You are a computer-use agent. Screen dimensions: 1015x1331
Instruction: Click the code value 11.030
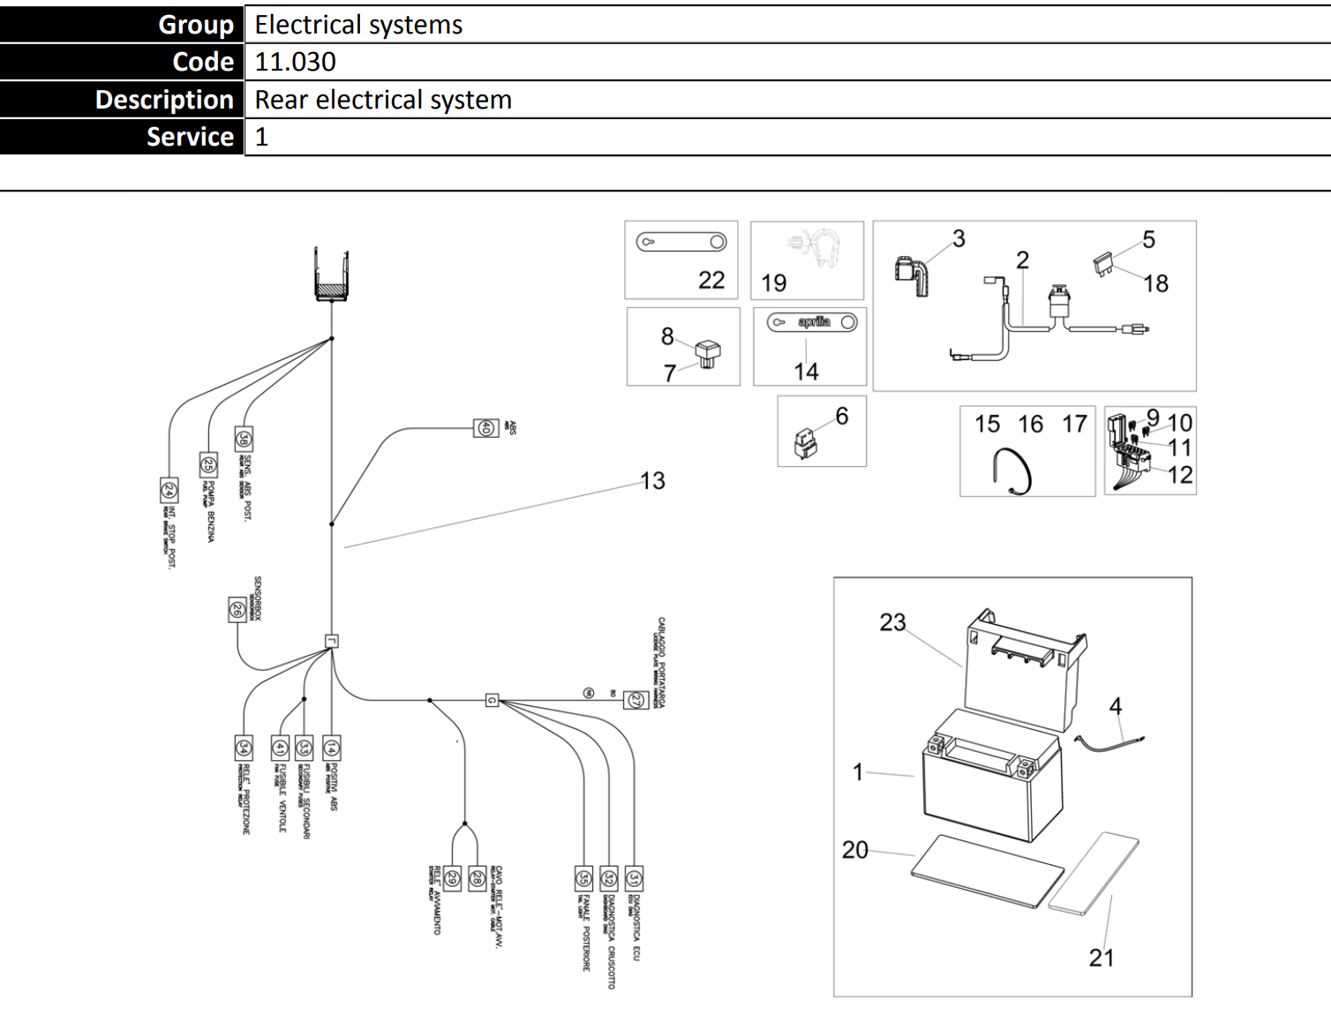coord(295,62)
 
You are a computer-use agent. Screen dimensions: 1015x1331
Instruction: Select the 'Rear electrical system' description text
coord(383,100)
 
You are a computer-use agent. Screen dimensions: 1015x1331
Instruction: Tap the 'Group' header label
coord(195,25)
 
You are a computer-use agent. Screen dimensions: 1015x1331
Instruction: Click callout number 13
coord(652,481)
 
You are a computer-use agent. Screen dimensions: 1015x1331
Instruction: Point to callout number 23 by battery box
coord(892,623)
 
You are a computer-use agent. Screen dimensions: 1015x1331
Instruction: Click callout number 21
coord(1101,958)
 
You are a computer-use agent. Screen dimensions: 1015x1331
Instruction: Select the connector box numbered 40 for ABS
coord(485,428)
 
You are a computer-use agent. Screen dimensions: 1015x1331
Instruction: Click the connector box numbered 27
coord(635,701)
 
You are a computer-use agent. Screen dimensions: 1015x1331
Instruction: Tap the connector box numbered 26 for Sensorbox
coord(237,609)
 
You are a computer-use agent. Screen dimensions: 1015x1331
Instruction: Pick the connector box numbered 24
coord(169,490)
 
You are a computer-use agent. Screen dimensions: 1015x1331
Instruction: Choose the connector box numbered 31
coord(634,878)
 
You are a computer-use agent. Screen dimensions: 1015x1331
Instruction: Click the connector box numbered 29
coord(451,878)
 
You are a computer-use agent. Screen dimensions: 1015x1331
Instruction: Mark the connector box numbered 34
coord(243,748)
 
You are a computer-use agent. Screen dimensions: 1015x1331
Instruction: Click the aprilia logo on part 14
coord(814,322)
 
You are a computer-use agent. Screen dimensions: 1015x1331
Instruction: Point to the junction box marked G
coord(492,701)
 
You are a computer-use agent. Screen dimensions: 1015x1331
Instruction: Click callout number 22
coord(711,281)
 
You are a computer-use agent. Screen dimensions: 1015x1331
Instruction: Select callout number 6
coord(841,417)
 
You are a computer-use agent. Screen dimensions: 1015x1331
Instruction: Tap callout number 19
coord(773,283)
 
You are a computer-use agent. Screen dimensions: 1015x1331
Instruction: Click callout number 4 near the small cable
coord(1116,706)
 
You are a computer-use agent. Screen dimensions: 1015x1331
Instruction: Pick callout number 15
coord(987,425)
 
